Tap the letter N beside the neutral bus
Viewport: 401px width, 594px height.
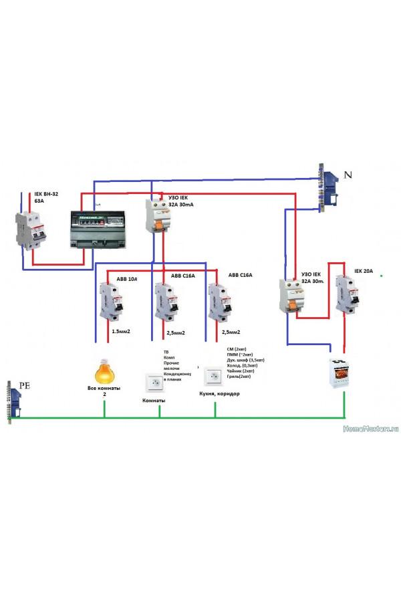click(348, 175)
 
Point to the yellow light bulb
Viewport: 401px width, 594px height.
click(104, 371)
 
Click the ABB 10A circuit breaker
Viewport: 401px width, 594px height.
click(110, 302)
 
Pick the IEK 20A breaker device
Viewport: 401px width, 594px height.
click(347, 294)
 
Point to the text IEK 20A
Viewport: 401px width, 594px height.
click(367, 272)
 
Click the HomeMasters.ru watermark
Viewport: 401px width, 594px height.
click(370, 428)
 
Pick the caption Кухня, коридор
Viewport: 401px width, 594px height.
click(219, 393)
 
